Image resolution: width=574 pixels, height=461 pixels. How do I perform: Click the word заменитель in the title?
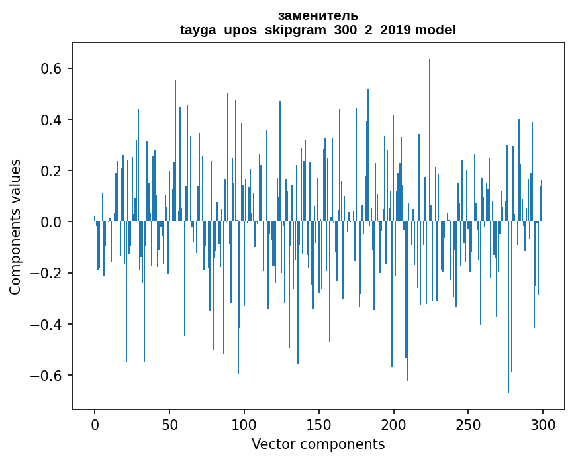(x=318, y=15)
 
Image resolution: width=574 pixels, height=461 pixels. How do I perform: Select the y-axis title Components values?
(x=15, y=227)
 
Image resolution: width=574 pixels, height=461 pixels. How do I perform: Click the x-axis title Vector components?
(x=318, y=444)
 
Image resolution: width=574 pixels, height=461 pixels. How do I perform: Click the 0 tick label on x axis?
(x=95, y=423)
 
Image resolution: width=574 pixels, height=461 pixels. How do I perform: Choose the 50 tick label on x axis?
(x=169, y=423)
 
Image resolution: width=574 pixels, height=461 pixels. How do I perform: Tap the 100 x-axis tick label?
(x=244, y=423)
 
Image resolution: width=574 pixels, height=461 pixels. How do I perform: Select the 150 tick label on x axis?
(x=319, y=423)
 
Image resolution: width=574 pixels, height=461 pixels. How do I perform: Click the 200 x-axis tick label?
(x=394, y=423)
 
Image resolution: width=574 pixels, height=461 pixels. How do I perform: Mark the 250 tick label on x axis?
(x=469, y=423)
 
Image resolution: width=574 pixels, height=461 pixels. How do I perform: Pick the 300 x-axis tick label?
(x=544, y=423)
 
